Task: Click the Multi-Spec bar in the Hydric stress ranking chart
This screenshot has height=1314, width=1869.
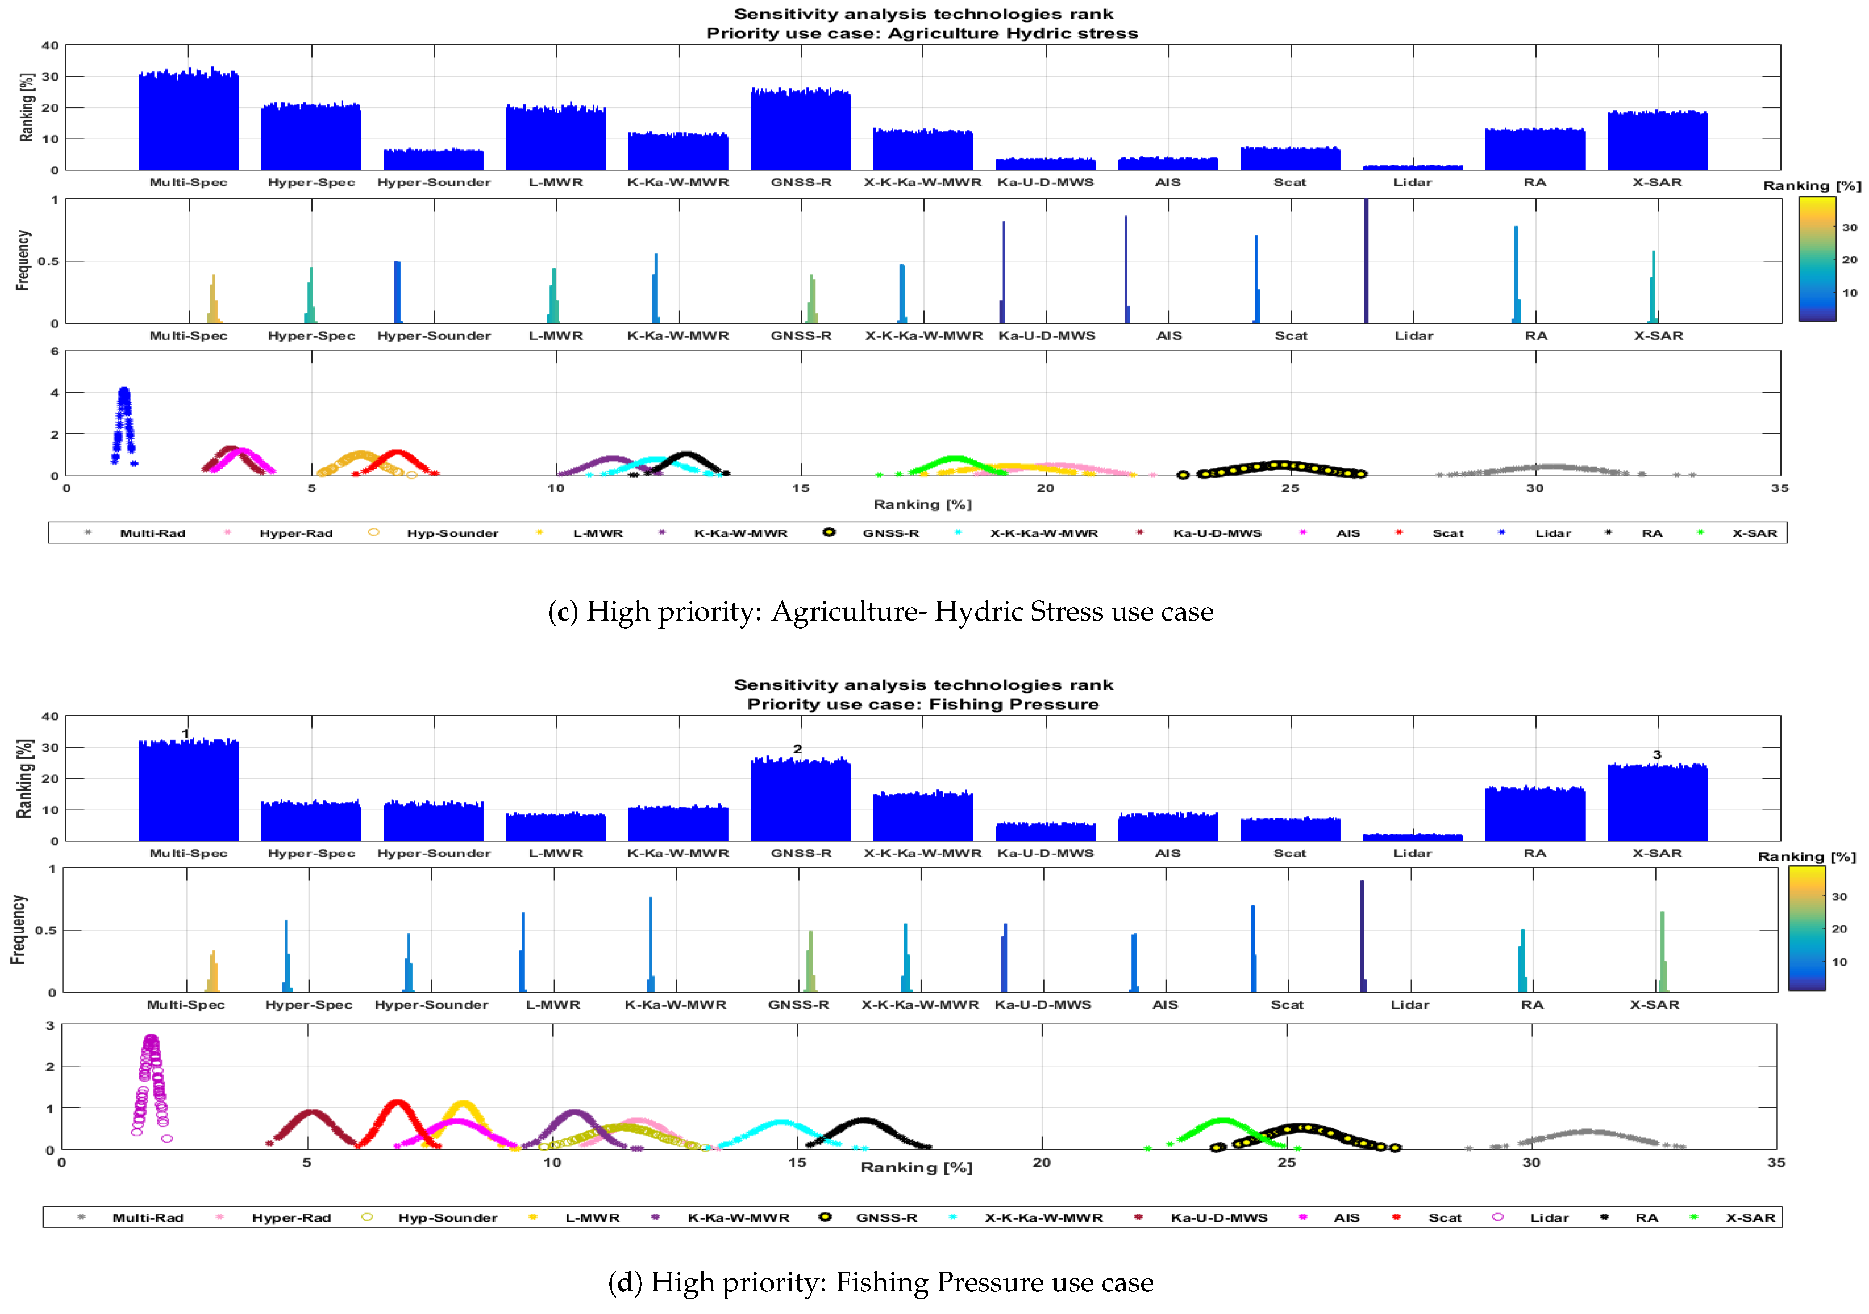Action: click(x=188, y=122)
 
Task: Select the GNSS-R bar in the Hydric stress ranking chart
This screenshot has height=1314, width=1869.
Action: click(x=800, y=130)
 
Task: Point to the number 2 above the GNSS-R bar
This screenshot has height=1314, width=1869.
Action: click(x=798, y=749)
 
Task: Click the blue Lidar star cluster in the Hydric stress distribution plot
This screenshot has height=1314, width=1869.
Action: click(x=124, y=423)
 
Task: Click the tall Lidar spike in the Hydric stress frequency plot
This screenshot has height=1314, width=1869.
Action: click(x=1366, y=261)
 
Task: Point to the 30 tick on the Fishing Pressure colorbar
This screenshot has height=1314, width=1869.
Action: click(x=1839, y=896)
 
